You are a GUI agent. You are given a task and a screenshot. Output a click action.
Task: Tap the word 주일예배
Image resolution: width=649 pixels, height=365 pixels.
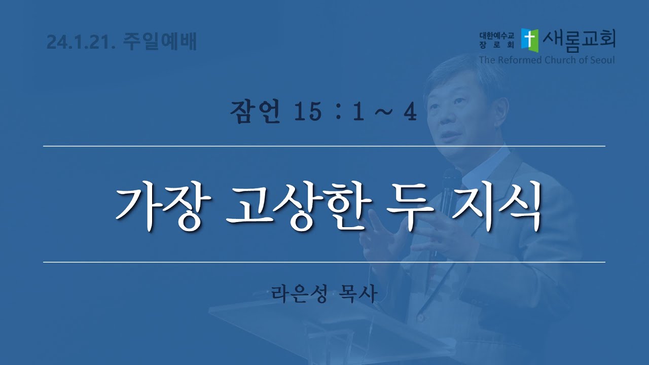point(160,42)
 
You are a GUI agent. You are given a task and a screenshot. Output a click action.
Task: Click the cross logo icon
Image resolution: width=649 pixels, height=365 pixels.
point(530,41)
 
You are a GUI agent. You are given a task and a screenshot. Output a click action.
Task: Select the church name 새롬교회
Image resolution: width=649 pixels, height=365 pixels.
point(579,41)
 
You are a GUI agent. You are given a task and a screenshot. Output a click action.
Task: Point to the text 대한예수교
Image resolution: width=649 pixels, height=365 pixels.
point(496,36)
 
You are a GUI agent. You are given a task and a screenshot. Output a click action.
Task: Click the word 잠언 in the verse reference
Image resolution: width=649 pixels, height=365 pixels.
point(255,112)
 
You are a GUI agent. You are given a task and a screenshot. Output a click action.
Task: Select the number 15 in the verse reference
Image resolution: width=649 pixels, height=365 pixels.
point(307,112)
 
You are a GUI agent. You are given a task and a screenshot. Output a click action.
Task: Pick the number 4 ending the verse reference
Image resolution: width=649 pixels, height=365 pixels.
point(410,112)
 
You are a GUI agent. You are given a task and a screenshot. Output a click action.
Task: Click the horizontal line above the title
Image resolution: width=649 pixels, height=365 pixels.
point(324,147)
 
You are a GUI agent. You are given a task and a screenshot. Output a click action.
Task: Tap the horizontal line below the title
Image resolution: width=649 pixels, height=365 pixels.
point(324,262)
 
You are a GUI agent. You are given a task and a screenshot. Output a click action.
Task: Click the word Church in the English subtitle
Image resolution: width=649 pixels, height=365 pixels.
point(560,60)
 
